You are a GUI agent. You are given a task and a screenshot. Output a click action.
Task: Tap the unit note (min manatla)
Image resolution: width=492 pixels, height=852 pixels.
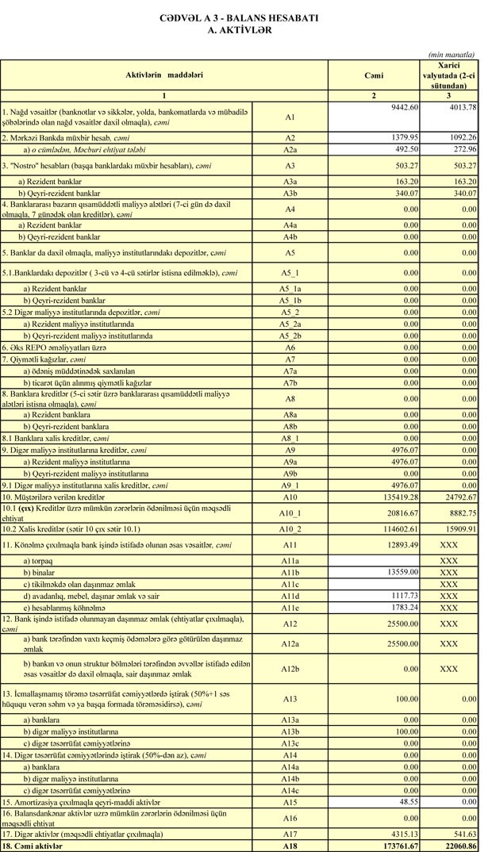pyautogui.click(x=451, y=54)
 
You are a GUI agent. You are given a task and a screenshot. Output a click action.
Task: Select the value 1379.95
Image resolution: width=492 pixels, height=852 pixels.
pyautogui.click(x=402, y=136)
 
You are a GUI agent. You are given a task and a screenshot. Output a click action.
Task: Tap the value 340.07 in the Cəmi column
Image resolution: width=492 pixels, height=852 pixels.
pyautogui.click(x=403, y=193)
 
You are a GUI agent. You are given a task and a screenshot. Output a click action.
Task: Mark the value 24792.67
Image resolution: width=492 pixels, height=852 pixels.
pyautogui.click(x=458, y=497)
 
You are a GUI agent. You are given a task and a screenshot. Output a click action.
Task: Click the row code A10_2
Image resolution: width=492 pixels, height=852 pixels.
pyautogui.click(x=290, y=528)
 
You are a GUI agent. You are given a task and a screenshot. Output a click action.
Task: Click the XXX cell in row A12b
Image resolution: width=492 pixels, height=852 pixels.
pyautogui.click(x=449, y=670)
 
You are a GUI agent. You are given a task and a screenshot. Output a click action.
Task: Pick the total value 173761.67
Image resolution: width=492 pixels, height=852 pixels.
pyautogui.click(x=397, y=846)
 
